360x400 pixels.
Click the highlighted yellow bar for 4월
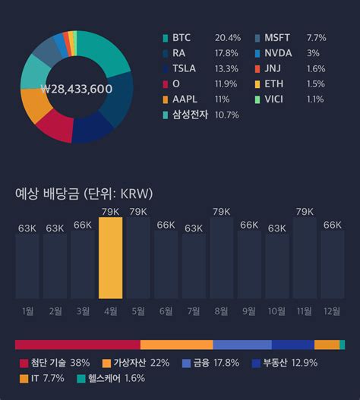pyautogui.click(x=110, y=258)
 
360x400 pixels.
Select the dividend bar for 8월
pyautogui.click(x=222, y=258)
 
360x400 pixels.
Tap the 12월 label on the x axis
pyautogui.click(x=333, y=311)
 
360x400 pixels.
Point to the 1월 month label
pyautogui.click(x=28, y=311)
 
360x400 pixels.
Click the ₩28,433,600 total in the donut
pyautogui.click(x=76, y=89)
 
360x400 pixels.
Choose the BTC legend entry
pyautogui.click(x=182, y=37)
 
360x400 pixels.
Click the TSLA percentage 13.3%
pyautogui.click(x=226, y=68)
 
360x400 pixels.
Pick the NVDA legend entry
pyautogui.click(x=277, y=53)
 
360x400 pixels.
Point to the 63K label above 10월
pyautogui.click(x=277, y=228)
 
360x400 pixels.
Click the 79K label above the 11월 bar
pyautogui.click(x=305, y=211)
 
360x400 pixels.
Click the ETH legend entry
pyautogui.click(x=274, y=84)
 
